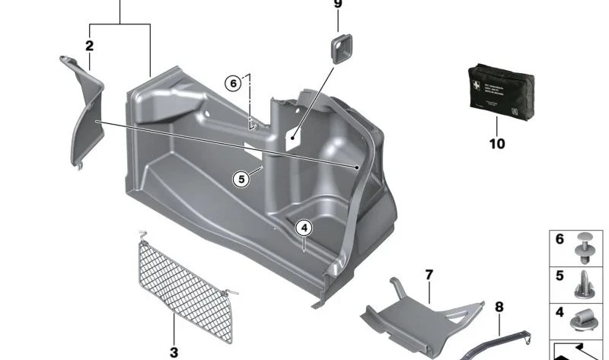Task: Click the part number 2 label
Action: pyautogui.click(x=89, y=46)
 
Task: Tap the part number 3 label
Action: pyautogui.click(x=174, y=352)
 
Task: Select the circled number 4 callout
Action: pyautogui.click(x=303, y=228)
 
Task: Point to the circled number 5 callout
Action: pyautogui.click(x=241, y=180)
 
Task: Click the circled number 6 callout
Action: pyautogui.click(x=233, y=82)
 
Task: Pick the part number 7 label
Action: pyautogui.click(x=429, y=273)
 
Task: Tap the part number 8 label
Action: pyautogui.click(x=499, y=307)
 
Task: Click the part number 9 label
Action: pyautogui.click(x=338, y=5)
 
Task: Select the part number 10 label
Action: pyautogui.click(x=496, y=143)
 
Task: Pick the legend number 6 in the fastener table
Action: pyautogui.click(x=560, y=240)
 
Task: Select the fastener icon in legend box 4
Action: pyautogui.click(x=585, y=320)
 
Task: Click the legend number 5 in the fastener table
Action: pyautogui.click(x=560, y=276)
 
